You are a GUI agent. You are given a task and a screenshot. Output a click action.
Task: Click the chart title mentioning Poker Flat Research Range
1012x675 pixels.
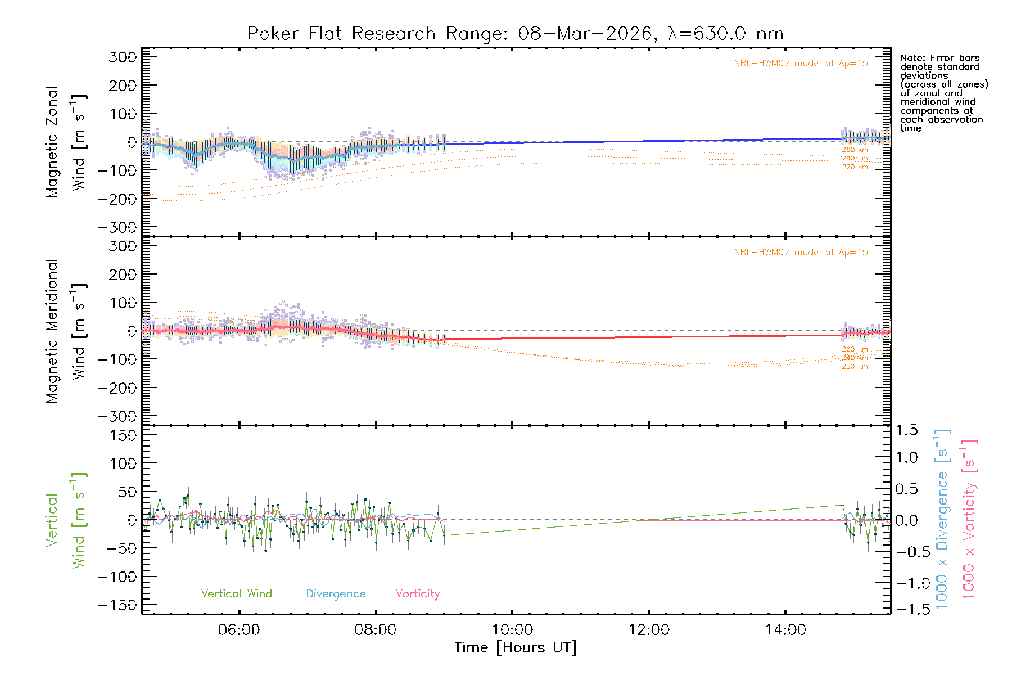(516, 34)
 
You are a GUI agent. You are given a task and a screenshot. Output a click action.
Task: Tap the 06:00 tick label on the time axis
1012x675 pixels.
(239, 630)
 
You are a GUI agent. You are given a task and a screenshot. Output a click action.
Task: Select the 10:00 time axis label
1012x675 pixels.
(512, 630)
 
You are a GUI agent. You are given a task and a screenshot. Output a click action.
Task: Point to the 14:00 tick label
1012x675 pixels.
(785, 630)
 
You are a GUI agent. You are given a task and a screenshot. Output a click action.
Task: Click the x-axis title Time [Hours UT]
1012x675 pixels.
(516, 647)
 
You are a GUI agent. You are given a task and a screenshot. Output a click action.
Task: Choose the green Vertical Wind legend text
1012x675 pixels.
(236, 593)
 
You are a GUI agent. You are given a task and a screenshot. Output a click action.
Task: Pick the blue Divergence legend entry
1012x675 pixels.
(336, 593)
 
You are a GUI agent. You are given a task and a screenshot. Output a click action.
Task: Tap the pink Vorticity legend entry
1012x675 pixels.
(417, 593)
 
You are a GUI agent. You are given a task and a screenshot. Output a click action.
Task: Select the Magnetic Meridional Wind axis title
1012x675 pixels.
(66, 331)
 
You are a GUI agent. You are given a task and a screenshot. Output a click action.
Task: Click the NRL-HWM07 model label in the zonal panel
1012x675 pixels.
(801, 64)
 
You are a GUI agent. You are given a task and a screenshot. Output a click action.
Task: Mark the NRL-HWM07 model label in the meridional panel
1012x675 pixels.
(801, 253)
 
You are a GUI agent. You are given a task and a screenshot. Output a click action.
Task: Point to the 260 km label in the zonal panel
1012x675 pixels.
(855, 150)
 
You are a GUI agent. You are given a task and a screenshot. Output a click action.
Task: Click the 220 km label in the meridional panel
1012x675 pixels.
(855, 367)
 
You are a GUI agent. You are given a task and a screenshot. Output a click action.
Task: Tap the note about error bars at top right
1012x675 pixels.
(943, 93)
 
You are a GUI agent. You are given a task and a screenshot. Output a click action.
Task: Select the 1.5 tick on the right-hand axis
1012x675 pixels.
(906, 430)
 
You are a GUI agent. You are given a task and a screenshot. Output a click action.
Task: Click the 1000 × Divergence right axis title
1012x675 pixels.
(942, 519)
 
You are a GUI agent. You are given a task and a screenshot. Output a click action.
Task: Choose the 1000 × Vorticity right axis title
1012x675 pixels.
(969, 519)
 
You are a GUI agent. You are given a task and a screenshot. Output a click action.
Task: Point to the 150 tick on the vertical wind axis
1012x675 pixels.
(123, 435)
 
